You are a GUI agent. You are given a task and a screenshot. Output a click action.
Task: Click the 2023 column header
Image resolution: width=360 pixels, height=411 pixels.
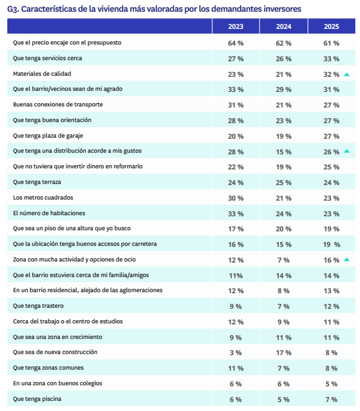[236, 26]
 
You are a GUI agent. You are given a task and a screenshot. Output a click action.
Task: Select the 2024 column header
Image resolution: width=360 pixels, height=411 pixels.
[284, 26]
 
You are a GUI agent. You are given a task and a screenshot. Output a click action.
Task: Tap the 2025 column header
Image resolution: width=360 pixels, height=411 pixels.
[331, 26]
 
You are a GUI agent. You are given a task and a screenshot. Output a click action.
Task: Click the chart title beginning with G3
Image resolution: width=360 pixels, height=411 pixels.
[154, 9]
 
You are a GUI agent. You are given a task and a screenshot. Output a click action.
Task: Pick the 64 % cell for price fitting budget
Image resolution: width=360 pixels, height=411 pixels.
[236, 43]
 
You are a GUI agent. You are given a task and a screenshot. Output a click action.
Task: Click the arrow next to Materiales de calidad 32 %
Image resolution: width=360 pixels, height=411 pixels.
[347, 74]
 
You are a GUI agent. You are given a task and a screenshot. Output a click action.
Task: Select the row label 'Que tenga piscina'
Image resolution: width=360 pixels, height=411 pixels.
[40, 399]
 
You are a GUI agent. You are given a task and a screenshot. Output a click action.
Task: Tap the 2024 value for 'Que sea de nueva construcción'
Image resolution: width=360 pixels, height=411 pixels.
[284, 353]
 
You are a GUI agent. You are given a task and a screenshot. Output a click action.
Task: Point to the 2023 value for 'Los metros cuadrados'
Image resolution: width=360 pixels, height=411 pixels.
[236, 198]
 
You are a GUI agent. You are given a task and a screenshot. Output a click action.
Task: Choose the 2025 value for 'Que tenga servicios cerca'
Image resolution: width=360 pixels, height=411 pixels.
[331, 58]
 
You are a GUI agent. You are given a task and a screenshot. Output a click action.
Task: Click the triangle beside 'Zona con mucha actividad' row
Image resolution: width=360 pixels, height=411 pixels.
[347, 260]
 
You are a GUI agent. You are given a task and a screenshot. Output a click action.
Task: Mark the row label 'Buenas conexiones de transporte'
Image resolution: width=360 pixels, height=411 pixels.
[58, 105]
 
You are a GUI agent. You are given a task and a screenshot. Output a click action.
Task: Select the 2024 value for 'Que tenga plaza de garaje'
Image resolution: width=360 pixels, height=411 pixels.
[284, 136]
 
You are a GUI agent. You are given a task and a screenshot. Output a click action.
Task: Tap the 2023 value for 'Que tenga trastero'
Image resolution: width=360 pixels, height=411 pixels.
[236, 306]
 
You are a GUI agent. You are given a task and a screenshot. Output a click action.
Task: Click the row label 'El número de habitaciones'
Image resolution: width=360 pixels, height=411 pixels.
[49, 213]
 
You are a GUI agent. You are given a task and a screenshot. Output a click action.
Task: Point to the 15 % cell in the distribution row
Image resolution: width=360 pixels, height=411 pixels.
[284, 151]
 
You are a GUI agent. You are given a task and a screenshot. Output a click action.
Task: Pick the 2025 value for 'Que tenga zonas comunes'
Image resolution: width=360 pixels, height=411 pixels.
[331, 368]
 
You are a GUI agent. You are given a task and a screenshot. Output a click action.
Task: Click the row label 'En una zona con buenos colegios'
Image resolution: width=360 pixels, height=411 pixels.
[57, 384]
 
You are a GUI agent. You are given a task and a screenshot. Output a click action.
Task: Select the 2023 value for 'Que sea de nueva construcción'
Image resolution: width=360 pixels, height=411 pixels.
[236, 353]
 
